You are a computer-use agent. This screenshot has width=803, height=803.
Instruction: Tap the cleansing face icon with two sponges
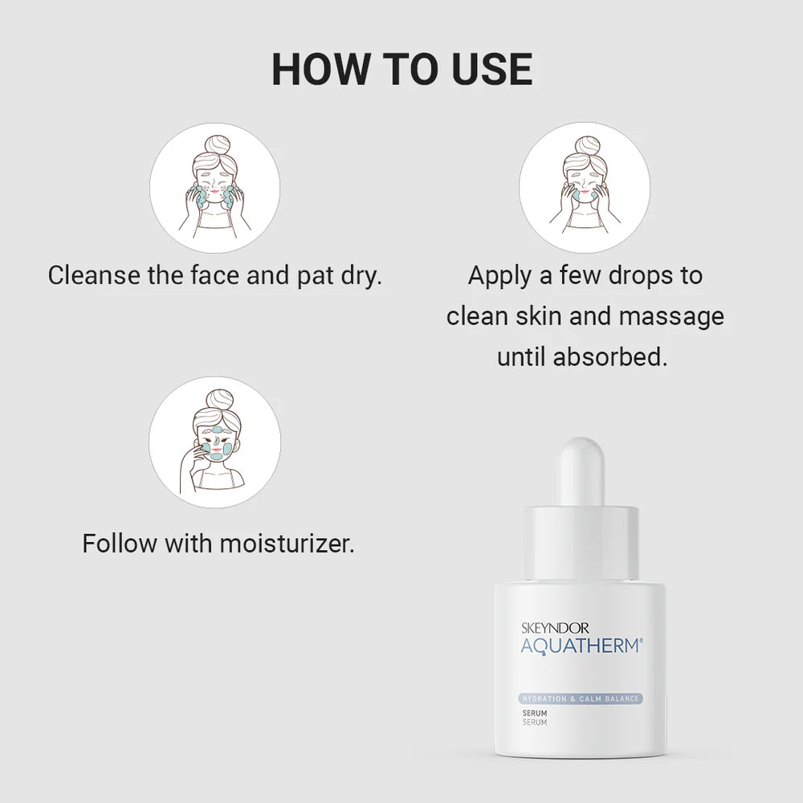click(x=214, y=188)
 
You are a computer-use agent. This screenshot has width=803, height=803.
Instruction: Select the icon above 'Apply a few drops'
click(x=584, y=188)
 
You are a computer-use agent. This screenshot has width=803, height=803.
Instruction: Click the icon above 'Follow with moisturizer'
click(x=214, y=442)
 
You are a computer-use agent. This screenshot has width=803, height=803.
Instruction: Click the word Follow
click(x=120, y=544)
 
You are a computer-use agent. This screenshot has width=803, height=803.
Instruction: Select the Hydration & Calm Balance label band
click(x=581, y=699)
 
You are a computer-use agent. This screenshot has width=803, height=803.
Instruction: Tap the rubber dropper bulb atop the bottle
click(x=581, y=470)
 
